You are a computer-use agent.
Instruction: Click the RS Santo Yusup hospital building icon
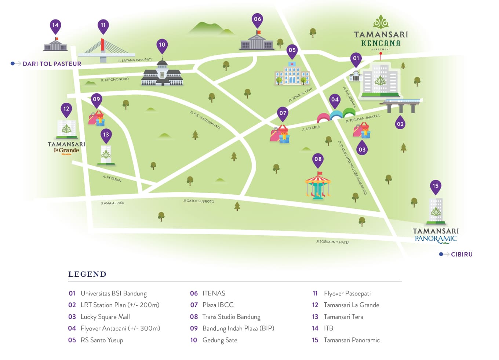tap(292, 74)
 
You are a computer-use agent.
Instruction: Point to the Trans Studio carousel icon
tap(318, 185)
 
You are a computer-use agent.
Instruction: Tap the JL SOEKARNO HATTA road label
tap(332, 242)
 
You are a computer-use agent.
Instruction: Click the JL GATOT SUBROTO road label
tap(198, 201)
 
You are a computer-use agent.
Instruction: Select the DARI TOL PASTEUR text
tap(52, 64)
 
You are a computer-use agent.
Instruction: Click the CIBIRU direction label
tap(461, 254)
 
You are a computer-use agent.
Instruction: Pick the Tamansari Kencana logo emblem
tap(380, 22)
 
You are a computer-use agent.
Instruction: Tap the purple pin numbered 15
tap(435, 186)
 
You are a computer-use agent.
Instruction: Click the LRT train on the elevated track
tap(401, 102)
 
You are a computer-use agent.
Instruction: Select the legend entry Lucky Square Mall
tap(105, 317)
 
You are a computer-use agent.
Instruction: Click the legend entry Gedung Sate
tap(219, 340)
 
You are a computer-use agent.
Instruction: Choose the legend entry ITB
tap(328, 328)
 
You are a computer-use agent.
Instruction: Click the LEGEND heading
tap(87, 274)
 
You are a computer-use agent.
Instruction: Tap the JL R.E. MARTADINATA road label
tap(205, 120)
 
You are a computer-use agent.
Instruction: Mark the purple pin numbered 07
tap(283, 114)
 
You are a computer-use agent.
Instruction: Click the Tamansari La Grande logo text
tap(66, 148)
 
